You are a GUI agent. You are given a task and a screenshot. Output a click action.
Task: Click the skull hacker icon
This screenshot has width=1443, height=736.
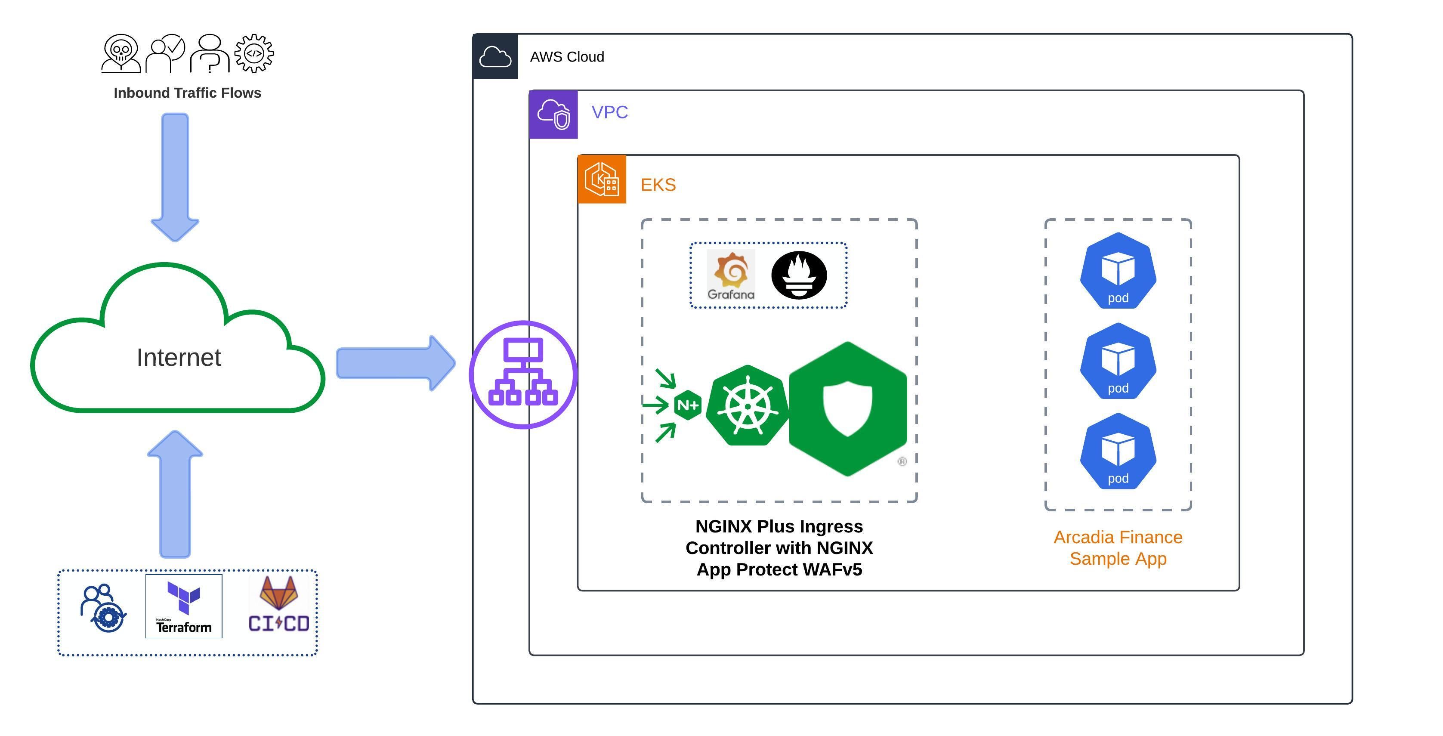[121, 54]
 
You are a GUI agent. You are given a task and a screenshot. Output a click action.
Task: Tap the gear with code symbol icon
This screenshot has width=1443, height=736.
[254, 53]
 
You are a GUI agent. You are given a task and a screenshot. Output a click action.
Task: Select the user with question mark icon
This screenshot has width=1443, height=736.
[210, 54]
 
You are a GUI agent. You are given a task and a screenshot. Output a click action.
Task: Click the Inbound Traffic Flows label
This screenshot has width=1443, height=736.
[187, 93]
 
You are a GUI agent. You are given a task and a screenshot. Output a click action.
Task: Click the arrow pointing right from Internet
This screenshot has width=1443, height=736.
[395, 363]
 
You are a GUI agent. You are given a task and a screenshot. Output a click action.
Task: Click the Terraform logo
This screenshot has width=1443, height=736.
[184, 606]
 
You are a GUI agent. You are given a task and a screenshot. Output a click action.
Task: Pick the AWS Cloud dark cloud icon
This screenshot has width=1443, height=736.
[495, 56]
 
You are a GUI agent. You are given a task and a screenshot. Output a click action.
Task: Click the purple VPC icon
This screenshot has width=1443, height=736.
[553, 114]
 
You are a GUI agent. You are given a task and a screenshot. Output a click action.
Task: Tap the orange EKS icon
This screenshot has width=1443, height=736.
[602, 179]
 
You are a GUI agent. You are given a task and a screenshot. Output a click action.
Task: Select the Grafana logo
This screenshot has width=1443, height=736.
[730, 275]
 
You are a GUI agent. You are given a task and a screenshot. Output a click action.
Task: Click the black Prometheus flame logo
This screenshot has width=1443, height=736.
[799, 275]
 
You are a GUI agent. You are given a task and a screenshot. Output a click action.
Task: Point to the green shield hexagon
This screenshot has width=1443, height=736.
[847, 409]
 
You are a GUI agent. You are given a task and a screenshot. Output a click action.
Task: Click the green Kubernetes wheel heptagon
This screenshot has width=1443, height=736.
[747, 405]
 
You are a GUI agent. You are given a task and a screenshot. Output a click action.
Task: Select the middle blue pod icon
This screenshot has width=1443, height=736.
[1118, 361]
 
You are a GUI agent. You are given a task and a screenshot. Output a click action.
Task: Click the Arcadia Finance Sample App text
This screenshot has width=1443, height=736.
[1118, 548]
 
